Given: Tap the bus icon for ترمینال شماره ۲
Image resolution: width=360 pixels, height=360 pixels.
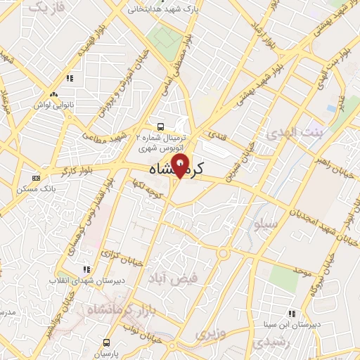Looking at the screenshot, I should [x=162, y=127].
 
